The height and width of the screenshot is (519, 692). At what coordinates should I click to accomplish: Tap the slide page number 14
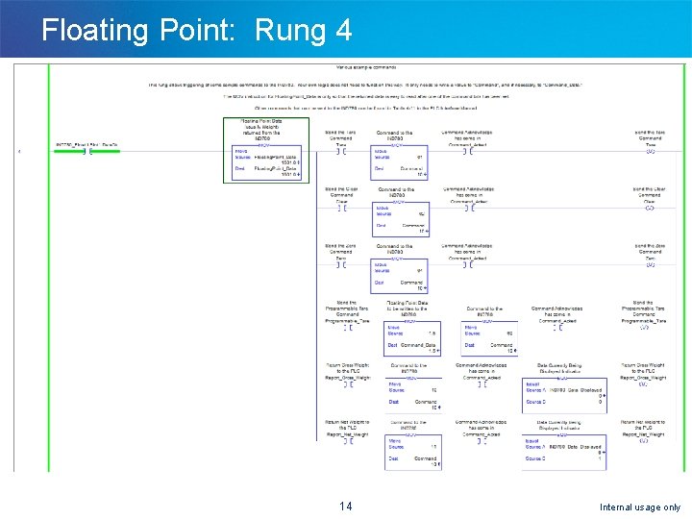346,507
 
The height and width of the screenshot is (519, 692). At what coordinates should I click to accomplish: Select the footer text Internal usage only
639,507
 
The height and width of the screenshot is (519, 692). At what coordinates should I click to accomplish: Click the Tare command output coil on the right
651,152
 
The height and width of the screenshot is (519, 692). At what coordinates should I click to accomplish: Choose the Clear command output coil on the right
650,209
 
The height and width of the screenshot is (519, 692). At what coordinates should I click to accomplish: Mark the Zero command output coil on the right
650,264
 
